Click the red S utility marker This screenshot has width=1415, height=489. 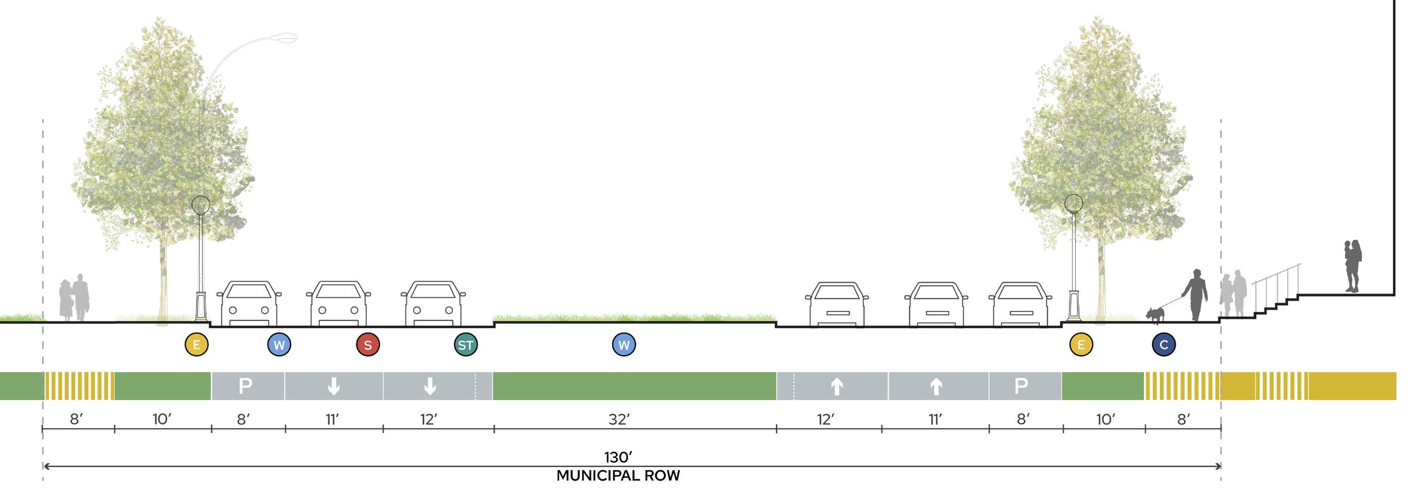(x=368, y=345)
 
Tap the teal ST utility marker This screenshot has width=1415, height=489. (x=466, y=345)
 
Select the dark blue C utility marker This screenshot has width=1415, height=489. (x=1163, y=345)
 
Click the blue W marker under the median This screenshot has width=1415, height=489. (x=624, y=345)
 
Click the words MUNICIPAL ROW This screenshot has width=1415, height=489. (x=618, y=476)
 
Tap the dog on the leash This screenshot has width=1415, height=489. (x=1155, y=314)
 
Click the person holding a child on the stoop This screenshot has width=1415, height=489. (x=1353, y=266)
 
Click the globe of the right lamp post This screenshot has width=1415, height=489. (x=1073, y=203)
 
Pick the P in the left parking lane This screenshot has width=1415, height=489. (x=245, y=386)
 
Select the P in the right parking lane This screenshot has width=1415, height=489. (x=1022, y=386)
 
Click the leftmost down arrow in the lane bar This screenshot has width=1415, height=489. (x=334, y=386)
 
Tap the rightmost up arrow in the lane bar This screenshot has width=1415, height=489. (x=936, y=386)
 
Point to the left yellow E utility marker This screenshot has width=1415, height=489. (x=197, y=345)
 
